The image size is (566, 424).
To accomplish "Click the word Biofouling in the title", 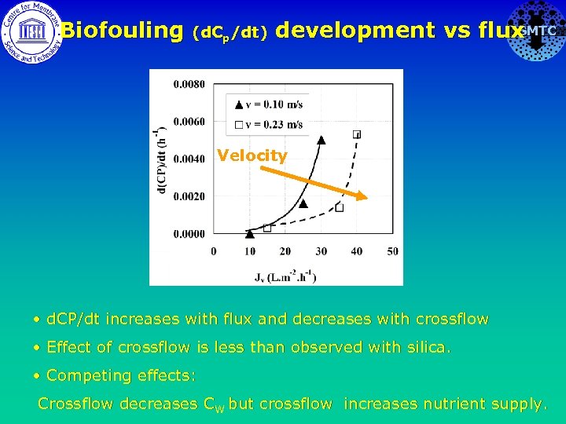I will [122, 31].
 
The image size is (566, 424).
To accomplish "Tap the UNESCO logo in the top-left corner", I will [30, 31].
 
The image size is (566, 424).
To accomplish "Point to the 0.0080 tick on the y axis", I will [189, 84].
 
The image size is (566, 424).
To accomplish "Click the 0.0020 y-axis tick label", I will [189, 196].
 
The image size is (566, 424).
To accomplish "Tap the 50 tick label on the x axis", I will [392, 251].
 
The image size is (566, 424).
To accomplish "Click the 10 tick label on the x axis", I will [249, 251].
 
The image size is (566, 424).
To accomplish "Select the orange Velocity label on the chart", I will [252, 155].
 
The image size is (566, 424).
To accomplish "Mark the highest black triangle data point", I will [321, 140].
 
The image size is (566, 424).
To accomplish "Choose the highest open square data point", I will [358, 134].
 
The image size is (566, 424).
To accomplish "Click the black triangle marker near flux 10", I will [250, 232].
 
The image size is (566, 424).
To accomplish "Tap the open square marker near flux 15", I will [267, 228].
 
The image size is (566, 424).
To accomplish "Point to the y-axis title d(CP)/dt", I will [162, 157].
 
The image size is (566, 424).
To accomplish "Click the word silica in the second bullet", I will [428, 347].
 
